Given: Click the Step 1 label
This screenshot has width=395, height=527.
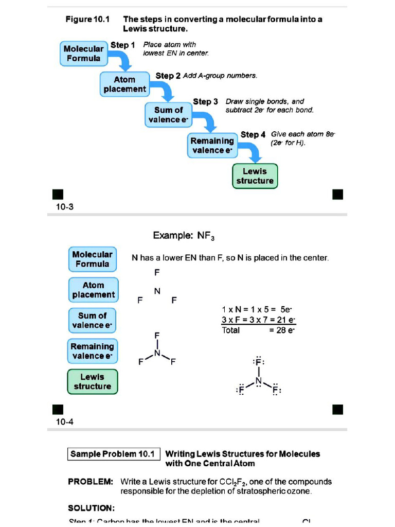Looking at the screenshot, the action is [x=122, y=45].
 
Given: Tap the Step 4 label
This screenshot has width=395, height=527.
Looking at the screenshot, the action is [x=253, y=134].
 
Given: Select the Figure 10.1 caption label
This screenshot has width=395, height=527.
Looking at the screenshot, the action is [x=85, y=20].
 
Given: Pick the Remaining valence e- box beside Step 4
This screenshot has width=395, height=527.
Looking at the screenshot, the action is [x=212, y=146].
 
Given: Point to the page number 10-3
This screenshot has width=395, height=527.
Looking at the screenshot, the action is [x=65, y=207].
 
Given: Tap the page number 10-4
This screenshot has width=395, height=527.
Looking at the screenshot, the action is [x=65, y=422].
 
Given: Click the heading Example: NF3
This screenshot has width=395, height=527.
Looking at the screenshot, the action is [x=184, y=236].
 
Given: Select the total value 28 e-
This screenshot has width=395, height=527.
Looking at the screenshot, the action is [x=281, y=330].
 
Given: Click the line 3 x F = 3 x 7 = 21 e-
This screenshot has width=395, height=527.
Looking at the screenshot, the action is [x=258, y=320].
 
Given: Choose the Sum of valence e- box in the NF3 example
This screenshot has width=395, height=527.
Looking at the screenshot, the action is [x=93, y=320].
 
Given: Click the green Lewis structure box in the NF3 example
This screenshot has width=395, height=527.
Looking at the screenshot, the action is [x=93, y=381].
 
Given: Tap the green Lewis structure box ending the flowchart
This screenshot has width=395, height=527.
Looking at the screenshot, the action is [x=255, y=176].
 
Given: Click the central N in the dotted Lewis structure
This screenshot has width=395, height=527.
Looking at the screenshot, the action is [x=259, y=381].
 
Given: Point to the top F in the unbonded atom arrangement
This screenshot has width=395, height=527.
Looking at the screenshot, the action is [x=157, y=272].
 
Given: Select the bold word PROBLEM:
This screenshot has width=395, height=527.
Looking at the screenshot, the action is [x=91, y=482].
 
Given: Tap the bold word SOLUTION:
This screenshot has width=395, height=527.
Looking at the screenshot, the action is [x=92, y=508].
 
